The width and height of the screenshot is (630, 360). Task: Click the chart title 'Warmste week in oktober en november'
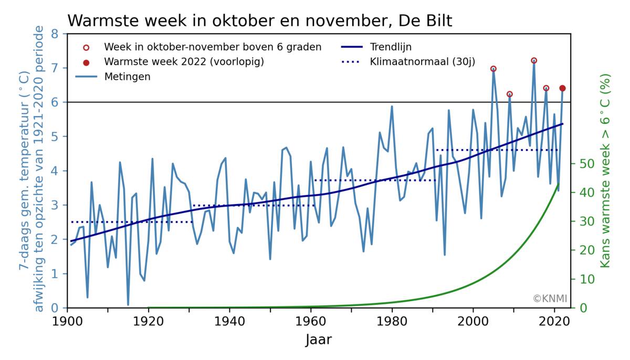pos(259,21)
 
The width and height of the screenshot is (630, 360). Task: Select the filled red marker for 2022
pos(562,88)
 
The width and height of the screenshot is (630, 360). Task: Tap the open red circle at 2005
pos(493,69)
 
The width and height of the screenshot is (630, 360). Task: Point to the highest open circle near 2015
pos(534,60)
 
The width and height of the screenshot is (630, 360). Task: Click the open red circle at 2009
pos(509,94)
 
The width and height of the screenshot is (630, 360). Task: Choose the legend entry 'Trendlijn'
pos(391,47)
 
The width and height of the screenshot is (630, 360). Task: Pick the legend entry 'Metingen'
pos(127,77)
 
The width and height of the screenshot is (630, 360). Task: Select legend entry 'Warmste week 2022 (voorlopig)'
pos(184,62)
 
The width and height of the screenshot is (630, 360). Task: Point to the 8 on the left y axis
pos(54,34)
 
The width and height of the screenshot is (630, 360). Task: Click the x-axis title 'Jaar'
pos(318,340)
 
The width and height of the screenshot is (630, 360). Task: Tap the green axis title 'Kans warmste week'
pos(606,171)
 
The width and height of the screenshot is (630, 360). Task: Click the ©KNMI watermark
pos(550,299)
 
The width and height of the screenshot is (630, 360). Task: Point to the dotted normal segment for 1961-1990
pos(375,180)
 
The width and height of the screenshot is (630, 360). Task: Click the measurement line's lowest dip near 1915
pos(128,304)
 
